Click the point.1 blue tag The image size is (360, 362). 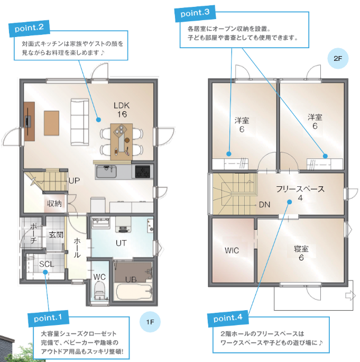[x=48, y=319]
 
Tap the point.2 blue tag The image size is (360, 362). [x=29, y=29]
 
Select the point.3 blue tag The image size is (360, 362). [x=195, y=13]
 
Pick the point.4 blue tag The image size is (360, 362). [x=228, y=318]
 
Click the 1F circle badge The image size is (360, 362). [x=150, y=322]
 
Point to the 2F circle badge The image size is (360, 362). [x=338, y=58]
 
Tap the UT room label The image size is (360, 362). [x=121, y=243]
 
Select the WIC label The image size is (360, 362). [x=232, y=250]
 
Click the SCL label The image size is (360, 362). [x=47, y=264]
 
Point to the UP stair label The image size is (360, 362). [x=74, y=180]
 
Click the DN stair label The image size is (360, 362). [x=264, y=204]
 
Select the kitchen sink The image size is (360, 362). [x=106, y=172]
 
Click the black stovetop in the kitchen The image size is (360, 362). [x=143, y=172]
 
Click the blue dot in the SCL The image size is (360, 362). [x=45, y=272]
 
